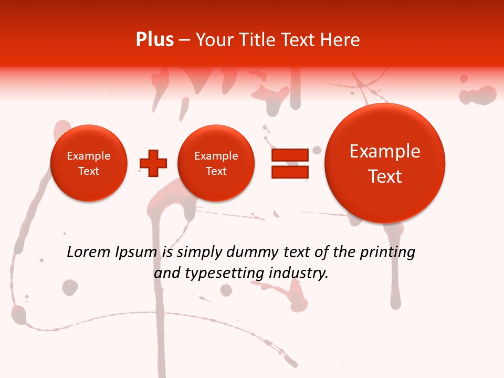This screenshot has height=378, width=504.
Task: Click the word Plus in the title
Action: (154, 40)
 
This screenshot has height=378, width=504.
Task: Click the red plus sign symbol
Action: (153, 163)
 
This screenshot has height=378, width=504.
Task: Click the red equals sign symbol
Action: (290, 163)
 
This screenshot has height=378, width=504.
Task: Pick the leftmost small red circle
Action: (89, 163)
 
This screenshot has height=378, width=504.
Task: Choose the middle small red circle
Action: (216, 163)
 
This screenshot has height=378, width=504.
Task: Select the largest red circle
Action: (385, 163)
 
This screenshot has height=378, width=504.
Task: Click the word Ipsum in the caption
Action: (135, 253)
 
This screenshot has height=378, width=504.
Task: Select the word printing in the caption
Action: (387, 253)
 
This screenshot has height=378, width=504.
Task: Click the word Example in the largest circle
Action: (385, 152)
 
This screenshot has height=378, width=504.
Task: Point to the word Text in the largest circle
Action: (385, 176)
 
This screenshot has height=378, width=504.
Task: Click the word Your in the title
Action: (212, 40)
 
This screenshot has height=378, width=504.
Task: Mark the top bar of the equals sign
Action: (290, 155)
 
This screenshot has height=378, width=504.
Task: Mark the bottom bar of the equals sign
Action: (290, 172)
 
